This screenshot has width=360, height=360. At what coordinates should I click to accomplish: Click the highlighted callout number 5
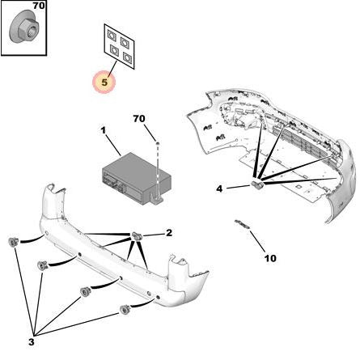pyautogui.click(x=104, y=83)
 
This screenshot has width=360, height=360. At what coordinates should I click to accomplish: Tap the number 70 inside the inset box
pyautogui.click(x=39, y=6)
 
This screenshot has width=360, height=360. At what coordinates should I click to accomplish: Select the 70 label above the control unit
pyautogui.click(x=139, y=118)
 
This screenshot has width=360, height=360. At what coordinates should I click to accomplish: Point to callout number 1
pyautogui.click(x=104, y=131)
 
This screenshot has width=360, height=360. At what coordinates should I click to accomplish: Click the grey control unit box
pyautogui.click(x=136, y=176)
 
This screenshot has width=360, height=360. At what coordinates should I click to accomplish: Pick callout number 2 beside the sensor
pyautogui.click(x=169, y=232)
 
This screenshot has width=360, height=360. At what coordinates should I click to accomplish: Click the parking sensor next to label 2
pyautogui.click(x=137, y=236)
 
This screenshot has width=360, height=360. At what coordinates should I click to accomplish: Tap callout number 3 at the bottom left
pyautogui.click(x=32, y=342)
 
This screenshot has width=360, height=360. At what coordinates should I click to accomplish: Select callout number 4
pyautogui.click(x=219, y=188)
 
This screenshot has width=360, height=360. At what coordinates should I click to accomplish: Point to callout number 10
pyautogui.click(x=270, y=258)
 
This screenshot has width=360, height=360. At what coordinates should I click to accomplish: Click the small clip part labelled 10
pyautogui.click(x=242, y=224)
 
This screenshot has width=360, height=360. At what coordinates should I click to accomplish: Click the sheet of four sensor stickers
pyautogui.click(x=119, y=46)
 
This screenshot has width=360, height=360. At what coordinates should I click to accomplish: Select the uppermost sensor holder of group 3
pyautogui.click(x=13, y=242)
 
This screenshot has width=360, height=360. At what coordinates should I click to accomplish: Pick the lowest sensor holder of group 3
pyautogui.click(x=125, y=310)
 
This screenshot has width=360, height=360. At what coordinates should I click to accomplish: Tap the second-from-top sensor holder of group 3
pyautogui.click(x=43, y=265)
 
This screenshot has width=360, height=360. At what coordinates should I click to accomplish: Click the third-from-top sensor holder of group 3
pyautogui.click(x=86, y=292)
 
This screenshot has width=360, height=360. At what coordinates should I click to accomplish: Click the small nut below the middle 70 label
pyautogui.click(x=158, y=143)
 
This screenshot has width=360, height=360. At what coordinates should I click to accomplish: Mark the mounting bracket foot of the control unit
pyautogui.click(x=157, y=200)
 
